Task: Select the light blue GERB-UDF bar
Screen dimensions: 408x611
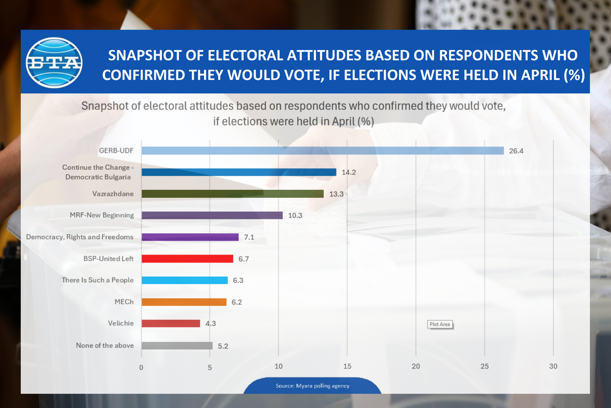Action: [x=323, y=151]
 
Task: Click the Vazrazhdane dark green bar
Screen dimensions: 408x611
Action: [x=233, y=194]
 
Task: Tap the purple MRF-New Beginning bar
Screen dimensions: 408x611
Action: [x=212, y=216]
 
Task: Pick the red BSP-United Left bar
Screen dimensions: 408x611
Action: [x=187, y=259]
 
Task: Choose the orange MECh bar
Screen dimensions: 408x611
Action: [x=184, y=302]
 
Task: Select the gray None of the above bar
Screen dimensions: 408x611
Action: [x=177, y=345]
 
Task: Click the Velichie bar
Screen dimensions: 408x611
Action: [x=170, y=324]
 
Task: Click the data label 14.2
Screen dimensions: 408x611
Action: [x=349, y=172]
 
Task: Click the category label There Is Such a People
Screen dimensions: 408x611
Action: [x=98, y=280]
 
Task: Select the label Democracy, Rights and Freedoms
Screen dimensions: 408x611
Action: [x=80, y=237]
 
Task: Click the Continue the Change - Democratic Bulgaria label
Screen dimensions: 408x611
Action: [x=98, y=172]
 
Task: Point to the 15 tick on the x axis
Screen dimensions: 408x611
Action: [x=347, y=367]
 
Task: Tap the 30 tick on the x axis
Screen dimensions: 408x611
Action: [x=553, y=367]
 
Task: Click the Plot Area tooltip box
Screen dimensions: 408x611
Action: [x=440, y=324]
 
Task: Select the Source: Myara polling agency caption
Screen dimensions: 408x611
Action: [x=310, y=387]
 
